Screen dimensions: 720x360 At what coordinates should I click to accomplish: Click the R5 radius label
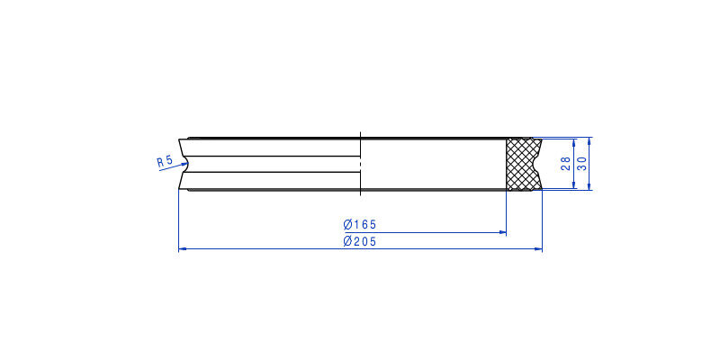165,161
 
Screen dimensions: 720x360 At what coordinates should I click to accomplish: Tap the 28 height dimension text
566,164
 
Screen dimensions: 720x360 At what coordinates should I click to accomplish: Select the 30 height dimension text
581,164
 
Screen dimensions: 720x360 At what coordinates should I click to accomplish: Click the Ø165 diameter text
359,224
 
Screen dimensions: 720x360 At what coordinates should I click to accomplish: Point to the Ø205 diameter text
359,241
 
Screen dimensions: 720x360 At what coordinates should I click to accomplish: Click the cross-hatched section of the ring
524,164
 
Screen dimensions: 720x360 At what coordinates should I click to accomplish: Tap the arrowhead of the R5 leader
184,165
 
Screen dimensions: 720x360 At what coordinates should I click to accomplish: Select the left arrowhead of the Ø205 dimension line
182,249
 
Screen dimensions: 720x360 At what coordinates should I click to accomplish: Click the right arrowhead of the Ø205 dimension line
538,249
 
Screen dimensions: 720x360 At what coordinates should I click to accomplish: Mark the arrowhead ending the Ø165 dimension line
502,233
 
